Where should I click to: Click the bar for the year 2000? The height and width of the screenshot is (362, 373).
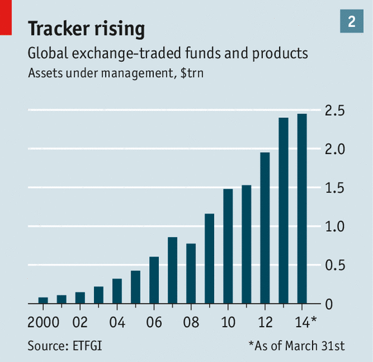tap(43, 300)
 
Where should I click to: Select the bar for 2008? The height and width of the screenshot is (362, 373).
tap(191, 274)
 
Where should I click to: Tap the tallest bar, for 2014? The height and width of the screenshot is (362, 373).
tap(302, 209)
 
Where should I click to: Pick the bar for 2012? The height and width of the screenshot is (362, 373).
tap(265, 228)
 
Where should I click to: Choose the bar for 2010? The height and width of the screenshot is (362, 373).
tap(228, 246)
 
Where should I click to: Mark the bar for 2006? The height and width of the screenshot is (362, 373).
tap(154, 280)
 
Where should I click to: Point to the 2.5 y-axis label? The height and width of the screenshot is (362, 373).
tap(335, 111)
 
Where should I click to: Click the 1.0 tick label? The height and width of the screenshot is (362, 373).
tap(335, 226)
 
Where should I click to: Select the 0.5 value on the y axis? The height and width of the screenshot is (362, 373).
tap(335, 265)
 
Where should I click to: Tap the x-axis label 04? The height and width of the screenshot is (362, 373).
tap(117, 322)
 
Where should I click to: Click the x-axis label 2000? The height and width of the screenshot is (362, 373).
tap(43, 322)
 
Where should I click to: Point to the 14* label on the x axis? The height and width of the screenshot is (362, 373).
tap(306, 321)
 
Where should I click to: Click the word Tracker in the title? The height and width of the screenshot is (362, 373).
tap(59, 28)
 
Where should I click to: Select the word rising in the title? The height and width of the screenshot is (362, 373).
tap(120, 30)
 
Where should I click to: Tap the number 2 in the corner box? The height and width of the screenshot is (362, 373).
tap(352, 21)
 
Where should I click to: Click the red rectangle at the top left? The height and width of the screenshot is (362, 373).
tap(6, 17)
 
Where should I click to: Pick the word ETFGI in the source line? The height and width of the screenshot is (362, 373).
tap(87, 345)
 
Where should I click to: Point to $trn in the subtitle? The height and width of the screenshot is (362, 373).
tap(192, 73)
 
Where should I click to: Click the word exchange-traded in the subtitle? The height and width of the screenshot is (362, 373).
tap(127, 53)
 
